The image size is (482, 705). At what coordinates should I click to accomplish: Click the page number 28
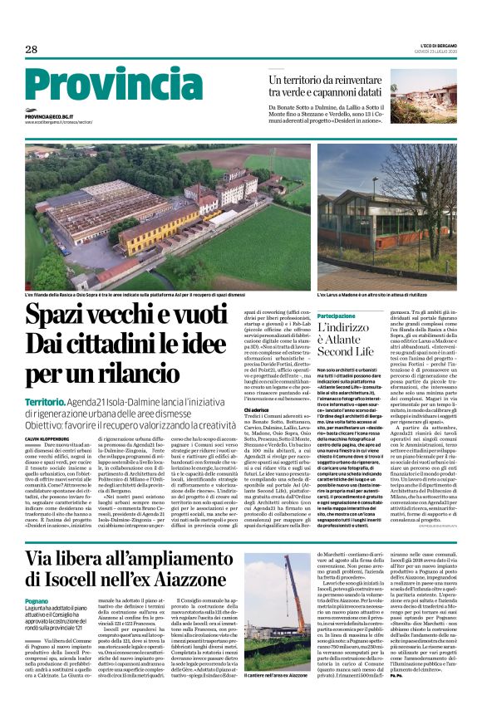[31, 50]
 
